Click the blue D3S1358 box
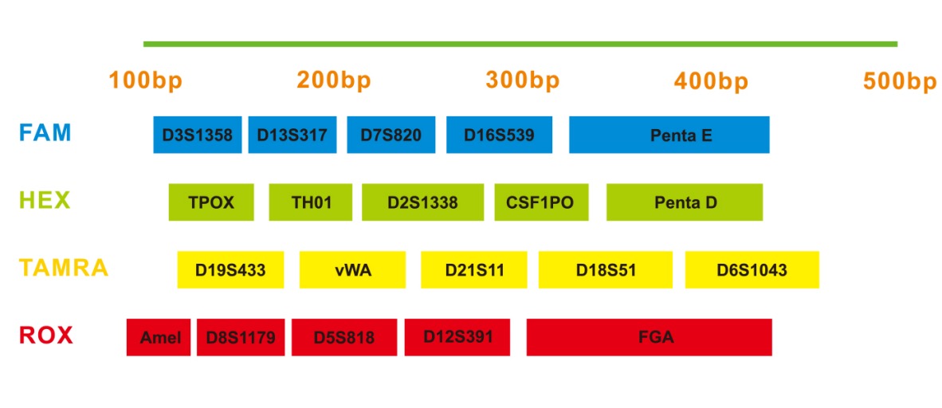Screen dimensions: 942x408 (x=198, y=135)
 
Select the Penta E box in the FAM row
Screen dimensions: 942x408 (x=669, y=135)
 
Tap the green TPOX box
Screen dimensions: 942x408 (x=211, y=202)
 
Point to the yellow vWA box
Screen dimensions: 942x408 (x=352, y=270)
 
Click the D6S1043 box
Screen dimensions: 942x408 (x=752, y=270)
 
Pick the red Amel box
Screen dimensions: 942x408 (x=159, y=337)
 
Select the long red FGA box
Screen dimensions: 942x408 (x=650, y=337)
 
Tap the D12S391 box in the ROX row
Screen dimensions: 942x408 (x=457, y=337)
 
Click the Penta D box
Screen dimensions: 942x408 (x=685, y=202)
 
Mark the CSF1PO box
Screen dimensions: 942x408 (x=541, y=202)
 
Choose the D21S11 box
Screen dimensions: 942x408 (x=474, y=270)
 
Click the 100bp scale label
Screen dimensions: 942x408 (x=145, y=80)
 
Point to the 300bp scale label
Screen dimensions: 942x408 (x=523, y=80)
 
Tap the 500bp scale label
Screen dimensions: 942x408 (x=900, y=80)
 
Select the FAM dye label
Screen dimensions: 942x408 (x=45, y=132)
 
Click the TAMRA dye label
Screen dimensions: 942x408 (x=64, y=268)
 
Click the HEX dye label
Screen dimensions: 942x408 (x=45, y=200)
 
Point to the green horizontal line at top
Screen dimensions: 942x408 (x=520, y=44)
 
